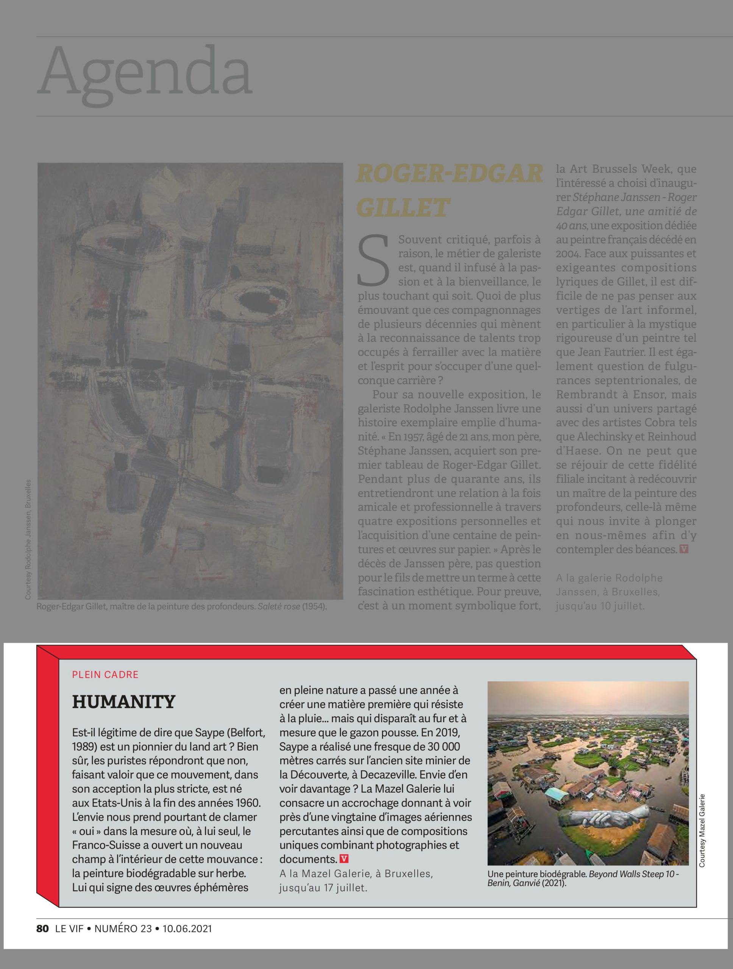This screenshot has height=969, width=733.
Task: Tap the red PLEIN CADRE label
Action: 105,675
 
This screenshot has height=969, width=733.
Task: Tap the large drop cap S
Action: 374,259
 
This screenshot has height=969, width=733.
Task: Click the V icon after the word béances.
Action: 683,549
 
